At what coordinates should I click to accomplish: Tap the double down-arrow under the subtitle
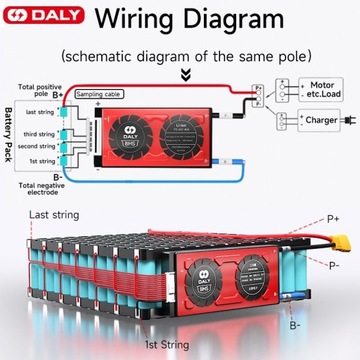(181, 74)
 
